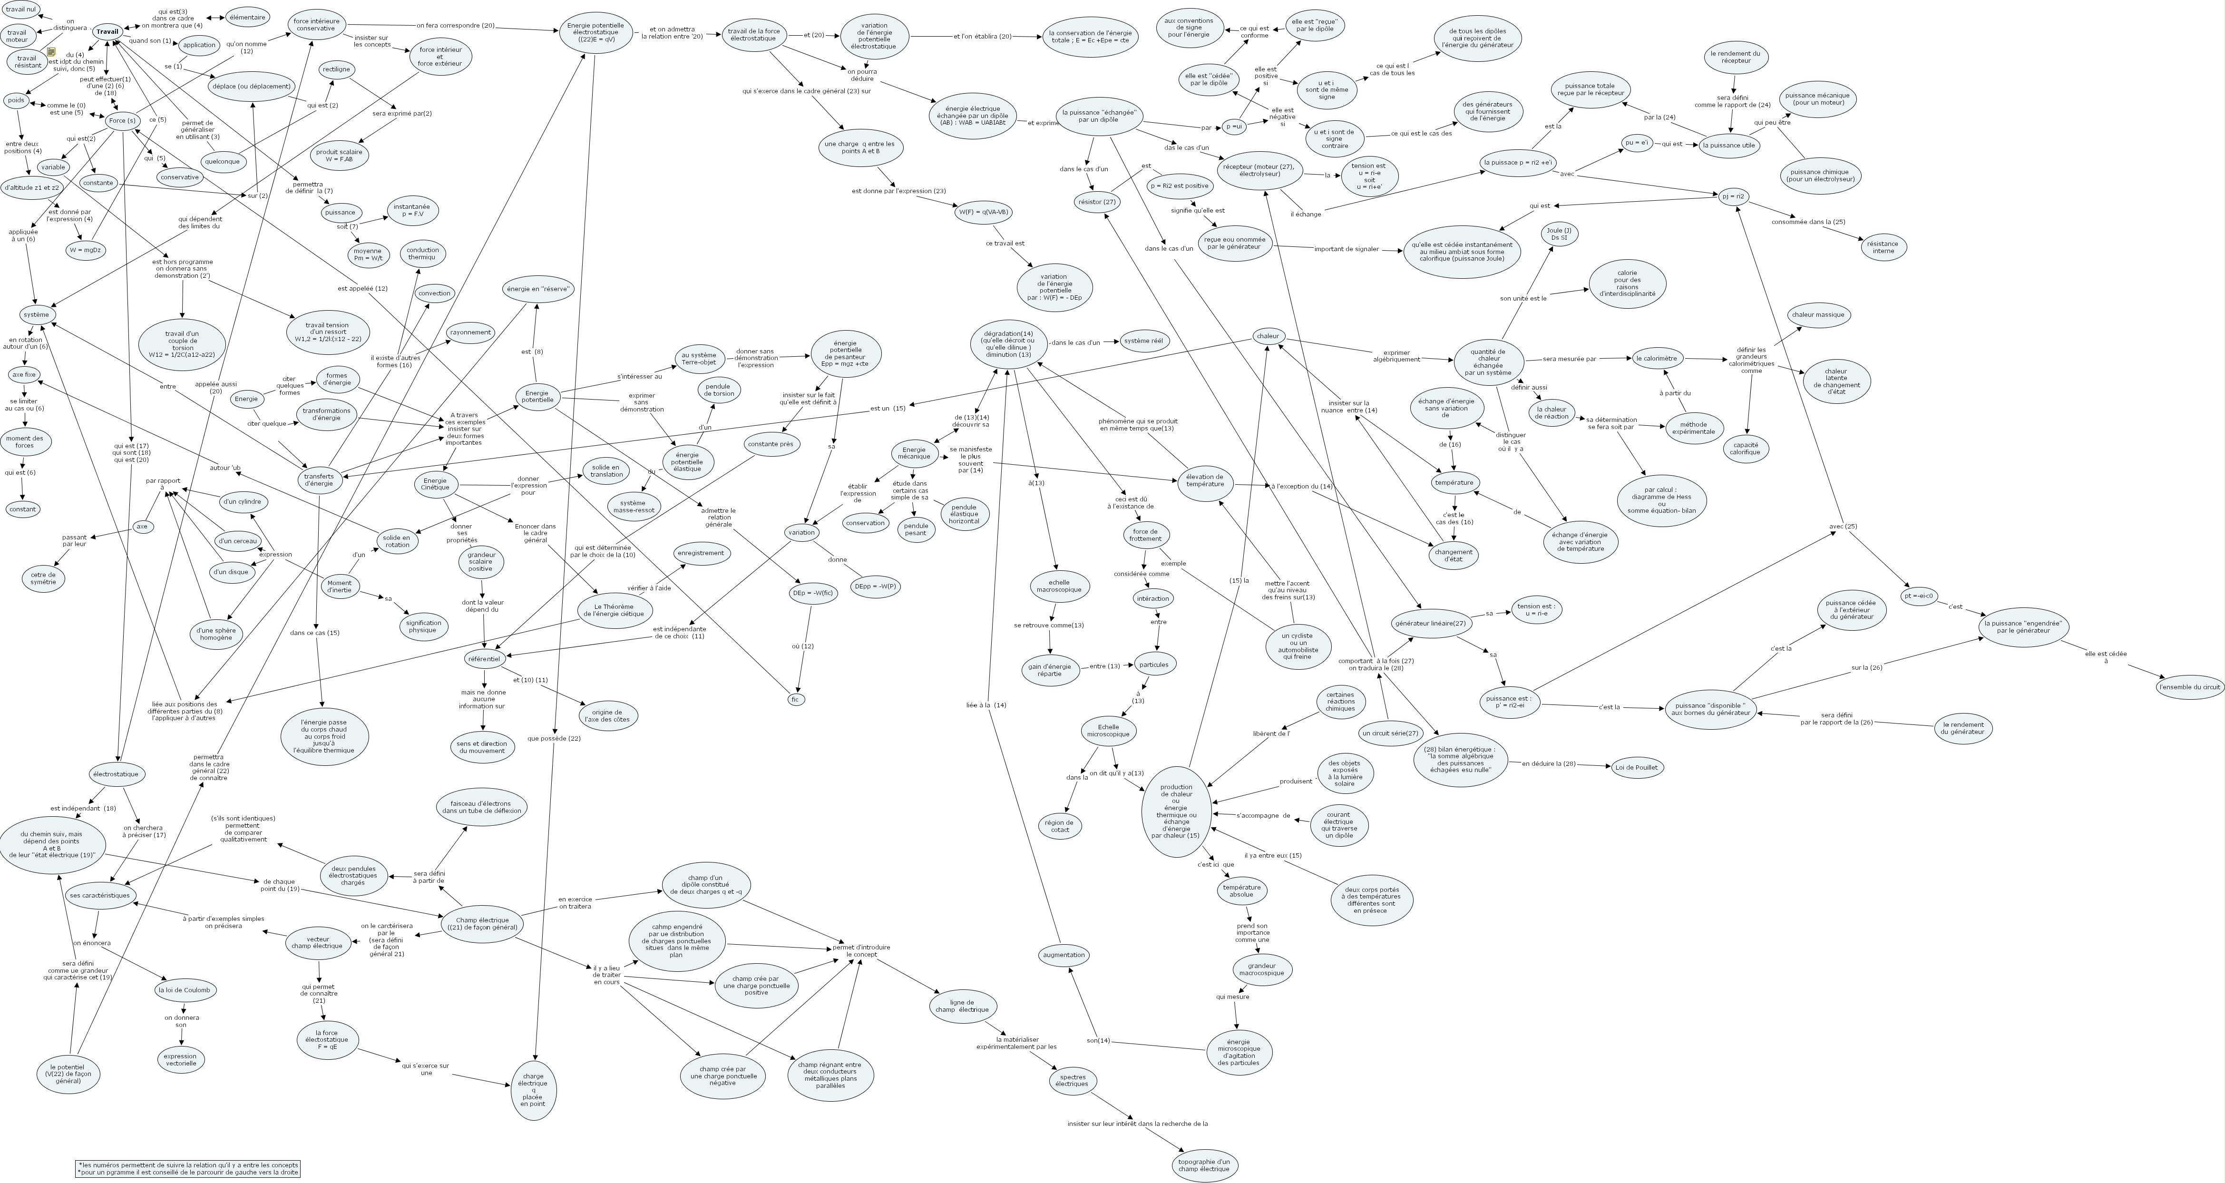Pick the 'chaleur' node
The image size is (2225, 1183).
pyautogui.click(x=1268, y=336)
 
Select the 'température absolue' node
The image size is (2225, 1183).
pyautogui.click(x=1241, y=891)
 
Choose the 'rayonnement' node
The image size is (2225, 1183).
pyautogui.click(x=471, y=332)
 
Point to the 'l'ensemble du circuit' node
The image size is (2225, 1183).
pyautogui.click(x=2189, y=688)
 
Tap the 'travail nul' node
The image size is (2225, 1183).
pyautogui.click(x=21, y=10)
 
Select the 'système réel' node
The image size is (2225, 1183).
pyautogui.click(x=1143, y=342)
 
